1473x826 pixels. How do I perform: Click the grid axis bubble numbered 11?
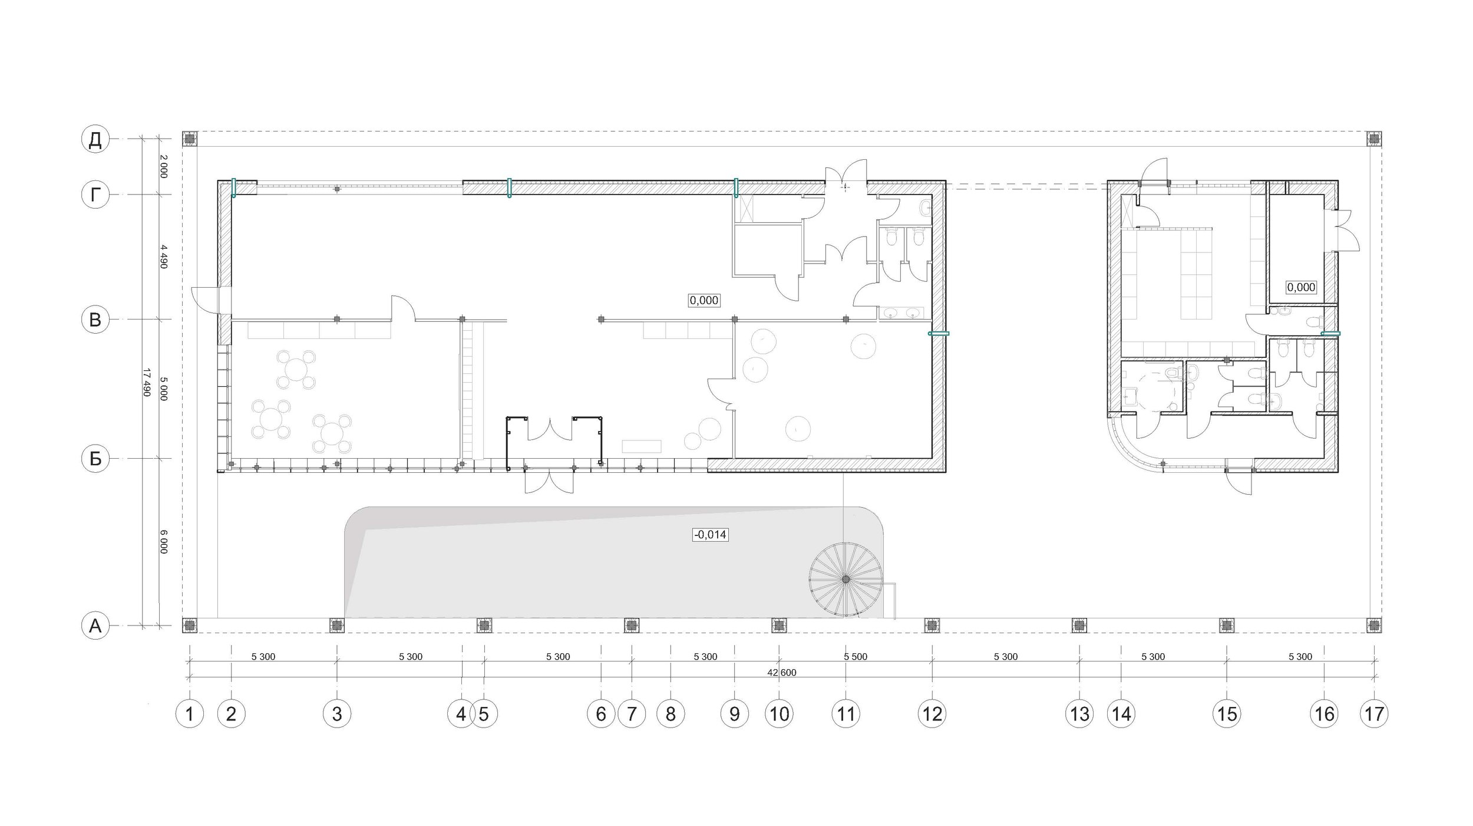click(x=846, y=714)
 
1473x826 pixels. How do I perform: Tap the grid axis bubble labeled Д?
click(x=95, y=139)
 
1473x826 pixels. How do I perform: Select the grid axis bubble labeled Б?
click(x=95, y=459)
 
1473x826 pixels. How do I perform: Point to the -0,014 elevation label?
click(x=711, y=535)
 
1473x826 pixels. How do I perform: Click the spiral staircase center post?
click(x=846, y=580)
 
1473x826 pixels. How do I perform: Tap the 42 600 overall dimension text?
click(x=782, y=673)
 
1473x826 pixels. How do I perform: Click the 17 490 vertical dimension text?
click(x=147, y=382)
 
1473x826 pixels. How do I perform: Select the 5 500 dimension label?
click(x=856, y=656)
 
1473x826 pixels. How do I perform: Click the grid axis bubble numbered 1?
click(x=190, y=714)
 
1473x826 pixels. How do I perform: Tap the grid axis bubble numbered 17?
click(x=1374, y=714)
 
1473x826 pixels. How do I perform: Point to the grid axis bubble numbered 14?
click(x=1121, y=714)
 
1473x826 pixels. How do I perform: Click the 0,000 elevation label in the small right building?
click(x=1301, y=287)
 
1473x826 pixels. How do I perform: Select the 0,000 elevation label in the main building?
click(x=704, y=300)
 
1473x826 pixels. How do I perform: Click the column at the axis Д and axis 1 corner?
click(x=190, y=139)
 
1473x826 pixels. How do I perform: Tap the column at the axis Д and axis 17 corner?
click(x=1374, y=139)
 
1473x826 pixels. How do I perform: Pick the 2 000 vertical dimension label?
click(x=164, y=167)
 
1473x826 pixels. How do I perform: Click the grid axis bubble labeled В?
click(x=95, y=320)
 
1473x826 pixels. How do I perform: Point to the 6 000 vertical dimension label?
click(x=164, y=542)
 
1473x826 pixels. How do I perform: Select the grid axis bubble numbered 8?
click(x=671, y=714)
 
